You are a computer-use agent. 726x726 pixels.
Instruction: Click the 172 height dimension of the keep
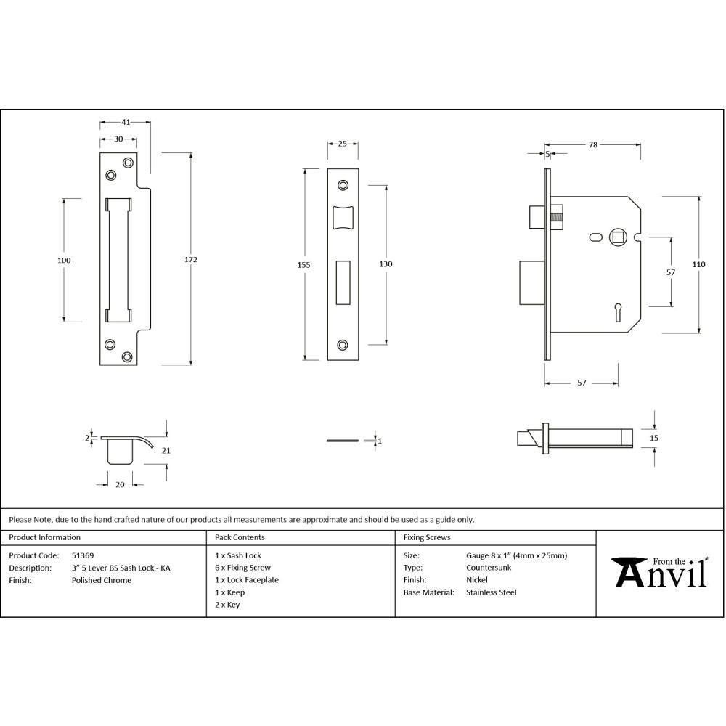(x=192, y=259)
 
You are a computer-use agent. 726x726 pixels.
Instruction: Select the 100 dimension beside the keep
(x=63, y=260)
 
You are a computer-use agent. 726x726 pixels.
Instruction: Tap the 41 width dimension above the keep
(x=126, y=122)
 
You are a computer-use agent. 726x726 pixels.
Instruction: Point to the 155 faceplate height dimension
(x=303, y=265)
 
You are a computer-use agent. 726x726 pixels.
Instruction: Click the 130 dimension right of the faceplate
(x=386, y=264)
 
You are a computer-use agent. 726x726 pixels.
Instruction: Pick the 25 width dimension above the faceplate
(x=343, y=143)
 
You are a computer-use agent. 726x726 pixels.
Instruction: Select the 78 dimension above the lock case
(x=592, y=145)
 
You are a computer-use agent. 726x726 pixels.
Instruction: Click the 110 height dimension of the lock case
(x=698, y=265)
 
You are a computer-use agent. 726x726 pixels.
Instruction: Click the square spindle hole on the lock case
(x=618, y=237)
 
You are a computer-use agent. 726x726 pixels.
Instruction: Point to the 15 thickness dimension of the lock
(x=653, y=438)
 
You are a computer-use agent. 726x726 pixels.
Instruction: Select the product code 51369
(x=82, y=555)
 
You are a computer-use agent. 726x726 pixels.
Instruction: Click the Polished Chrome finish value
(x=101, y=580)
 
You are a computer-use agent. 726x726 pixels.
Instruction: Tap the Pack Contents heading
(x=240, y=538)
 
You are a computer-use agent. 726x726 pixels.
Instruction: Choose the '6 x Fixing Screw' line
(x=242, y=568)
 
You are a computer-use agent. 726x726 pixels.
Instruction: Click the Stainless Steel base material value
(x=491, y=592)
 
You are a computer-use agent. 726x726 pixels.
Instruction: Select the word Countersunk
(x=488, y=568)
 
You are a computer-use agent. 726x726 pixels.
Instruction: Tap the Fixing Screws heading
(x=426, y=538)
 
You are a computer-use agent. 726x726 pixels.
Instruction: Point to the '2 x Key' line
(x=227, y=605)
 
